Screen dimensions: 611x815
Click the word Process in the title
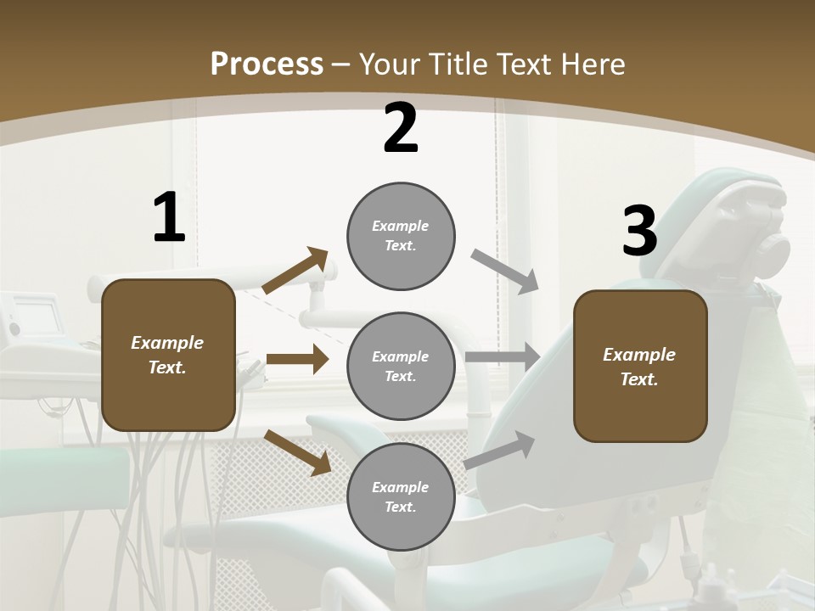267,64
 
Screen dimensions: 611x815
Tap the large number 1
169,218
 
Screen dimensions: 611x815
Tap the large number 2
401,129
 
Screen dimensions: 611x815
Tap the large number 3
639,232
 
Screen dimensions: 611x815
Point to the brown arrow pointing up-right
295,271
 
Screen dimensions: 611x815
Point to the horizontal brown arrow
297,359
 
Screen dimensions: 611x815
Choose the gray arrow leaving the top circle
505,272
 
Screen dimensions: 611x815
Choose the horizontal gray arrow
503,356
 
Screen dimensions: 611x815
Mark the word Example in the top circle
401,226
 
